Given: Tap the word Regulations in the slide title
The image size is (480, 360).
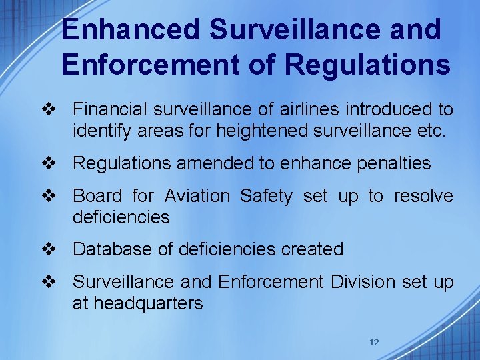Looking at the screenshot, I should [367, 65].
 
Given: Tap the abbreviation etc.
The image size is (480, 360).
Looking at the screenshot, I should [430, 131].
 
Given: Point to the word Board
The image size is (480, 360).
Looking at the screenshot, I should [97, 196].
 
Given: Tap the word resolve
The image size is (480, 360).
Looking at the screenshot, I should [423, 196].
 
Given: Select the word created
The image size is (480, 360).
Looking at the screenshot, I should [313, 249].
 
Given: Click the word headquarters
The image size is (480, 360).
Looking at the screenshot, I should [148, 304].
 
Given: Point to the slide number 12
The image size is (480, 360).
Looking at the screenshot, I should [374, 343].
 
